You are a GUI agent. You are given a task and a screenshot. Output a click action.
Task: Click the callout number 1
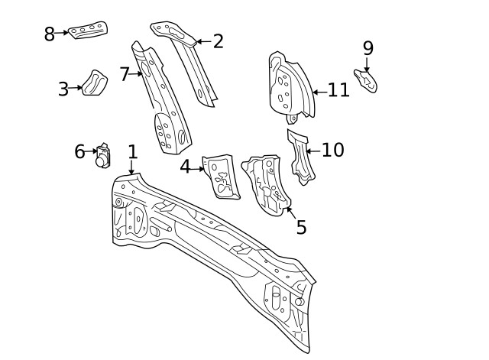(132, 151)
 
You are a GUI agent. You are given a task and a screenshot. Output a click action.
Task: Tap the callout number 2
(219, 41)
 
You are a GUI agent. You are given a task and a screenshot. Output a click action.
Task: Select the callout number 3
(63, 89)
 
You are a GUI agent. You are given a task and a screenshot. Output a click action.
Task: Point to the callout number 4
(185, 167)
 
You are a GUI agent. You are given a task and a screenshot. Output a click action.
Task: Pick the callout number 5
(301, 227)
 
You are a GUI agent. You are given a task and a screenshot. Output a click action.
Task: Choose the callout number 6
(79, 152)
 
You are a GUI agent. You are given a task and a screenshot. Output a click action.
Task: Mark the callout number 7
(125, 74)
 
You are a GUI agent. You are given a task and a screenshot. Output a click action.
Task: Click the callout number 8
(49, 34)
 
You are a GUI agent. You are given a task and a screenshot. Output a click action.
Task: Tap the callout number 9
(368, 48)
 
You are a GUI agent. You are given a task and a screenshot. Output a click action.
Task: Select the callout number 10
(333, 150)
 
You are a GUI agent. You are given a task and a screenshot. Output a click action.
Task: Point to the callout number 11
(338, 90)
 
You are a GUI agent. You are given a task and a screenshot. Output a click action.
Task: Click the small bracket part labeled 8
(88, 31)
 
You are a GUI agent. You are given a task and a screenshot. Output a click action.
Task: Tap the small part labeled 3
(95, 83)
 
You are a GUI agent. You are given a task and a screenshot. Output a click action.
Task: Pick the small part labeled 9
(366, 80)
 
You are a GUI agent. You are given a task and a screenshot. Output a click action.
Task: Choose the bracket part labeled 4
(221, 176)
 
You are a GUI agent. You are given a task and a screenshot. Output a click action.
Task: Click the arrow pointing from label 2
(202, 41)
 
